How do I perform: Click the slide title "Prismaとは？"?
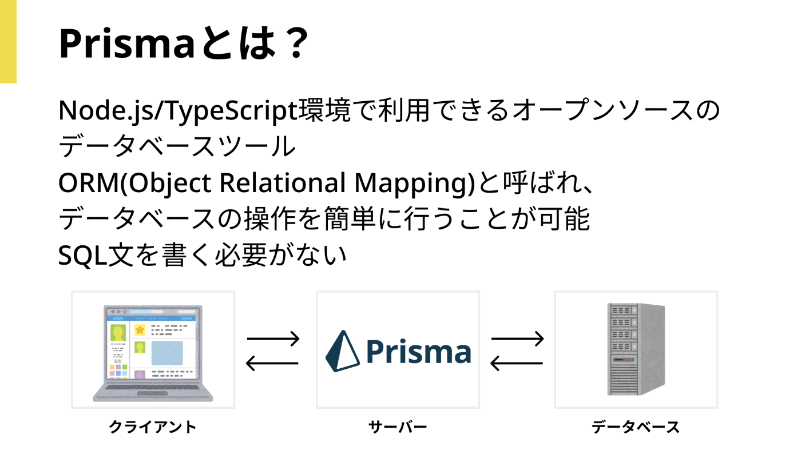pos(184,43)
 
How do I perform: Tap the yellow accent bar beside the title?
pos(8,42)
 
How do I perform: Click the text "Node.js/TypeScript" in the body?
pos(178,111)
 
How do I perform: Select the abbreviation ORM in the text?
pos(88,183)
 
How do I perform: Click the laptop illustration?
pos(153,353)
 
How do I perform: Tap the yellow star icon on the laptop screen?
pos(140,330)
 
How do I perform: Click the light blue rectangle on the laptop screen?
pos(167,353)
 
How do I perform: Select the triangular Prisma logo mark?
pos(342,351)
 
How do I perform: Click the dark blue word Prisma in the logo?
pos(418,352)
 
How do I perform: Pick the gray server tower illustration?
pos(636,349)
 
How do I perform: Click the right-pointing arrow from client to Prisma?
pos(273,339)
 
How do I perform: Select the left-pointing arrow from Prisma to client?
pos(272,363)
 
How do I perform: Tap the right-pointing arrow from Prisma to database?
pos(517,339)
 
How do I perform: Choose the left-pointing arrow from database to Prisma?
pos(517,363)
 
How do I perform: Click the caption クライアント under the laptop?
pos(153,427)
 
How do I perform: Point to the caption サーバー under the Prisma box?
pos(398,427)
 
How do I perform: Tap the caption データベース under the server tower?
pos(636,427)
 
